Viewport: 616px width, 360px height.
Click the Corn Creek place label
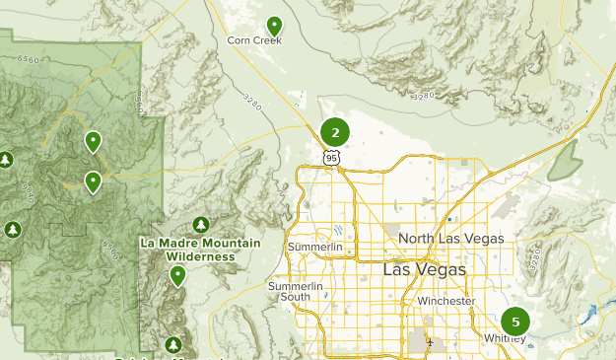(x=254, y=40)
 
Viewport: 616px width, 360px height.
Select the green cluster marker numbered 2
(x=335, y=132)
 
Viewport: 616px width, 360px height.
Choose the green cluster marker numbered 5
(x=514, y=322)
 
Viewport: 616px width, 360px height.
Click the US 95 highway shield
(x=331, y=157)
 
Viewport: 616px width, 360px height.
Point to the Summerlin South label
(x=296, y=291)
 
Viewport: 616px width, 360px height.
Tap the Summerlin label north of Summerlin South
(x=314, y=246)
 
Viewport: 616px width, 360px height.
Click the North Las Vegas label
(x=451, y=239)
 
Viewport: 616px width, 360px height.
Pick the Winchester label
(x=445, y=301)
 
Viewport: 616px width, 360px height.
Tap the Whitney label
(x=504, y=338)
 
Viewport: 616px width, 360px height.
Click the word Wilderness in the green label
(x=200, y=256)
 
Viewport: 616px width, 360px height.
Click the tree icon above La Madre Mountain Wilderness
(x=201, y=226)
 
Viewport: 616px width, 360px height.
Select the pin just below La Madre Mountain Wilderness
(x=177, y=275)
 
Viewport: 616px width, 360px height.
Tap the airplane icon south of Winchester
(x=431, y=344)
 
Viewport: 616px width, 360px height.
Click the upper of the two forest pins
(x=93, y=142)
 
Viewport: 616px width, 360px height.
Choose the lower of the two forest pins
(x=93, y=180)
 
